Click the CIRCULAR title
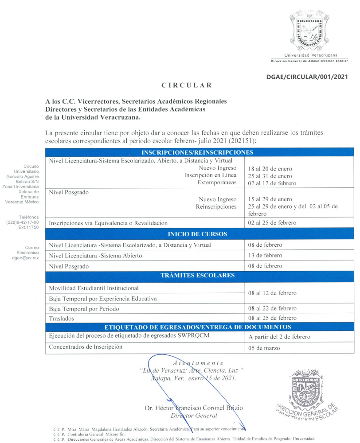tap(180, 85)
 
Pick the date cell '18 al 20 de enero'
tap(270, 169)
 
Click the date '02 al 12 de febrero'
tap(272, 183)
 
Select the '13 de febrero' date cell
tap(265, 256)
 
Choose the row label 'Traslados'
tap(62, 318)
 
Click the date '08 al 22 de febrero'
tap(272, 308)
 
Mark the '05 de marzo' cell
tap(264, 348)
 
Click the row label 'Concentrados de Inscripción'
tap(86, 347)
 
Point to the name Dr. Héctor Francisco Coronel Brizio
tap(194, 408)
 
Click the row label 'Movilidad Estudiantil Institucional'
tap(94, 288)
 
